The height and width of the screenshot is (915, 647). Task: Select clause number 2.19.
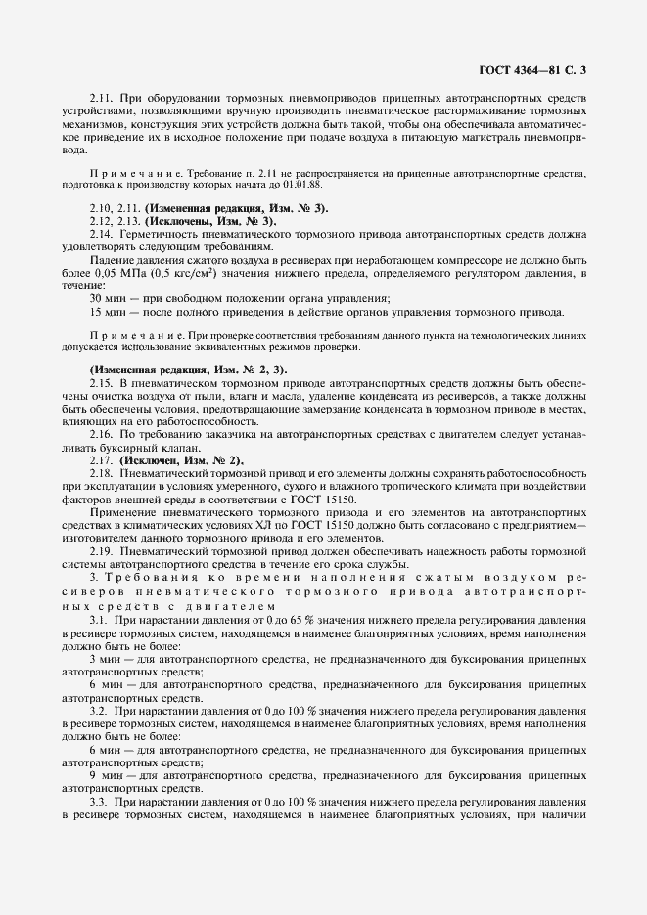tap(101, 553)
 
